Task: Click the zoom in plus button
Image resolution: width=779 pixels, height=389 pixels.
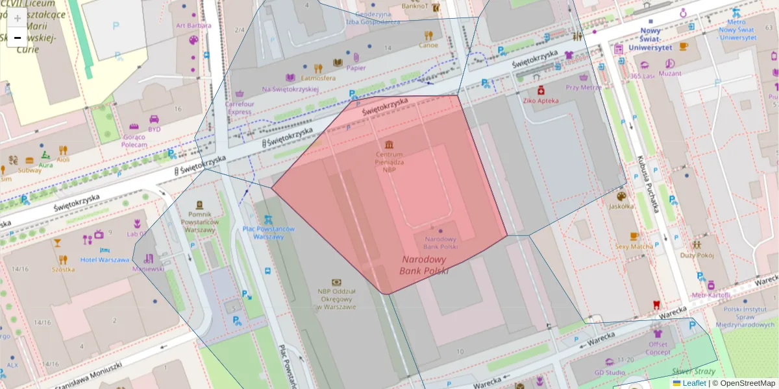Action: (18, 18)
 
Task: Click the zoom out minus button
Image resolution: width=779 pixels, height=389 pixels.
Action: (18, 38)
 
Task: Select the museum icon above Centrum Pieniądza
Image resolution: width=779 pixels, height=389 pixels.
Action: (389, 144)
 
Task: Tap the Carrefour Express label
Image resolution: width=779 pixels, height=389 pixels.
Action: (239, 108)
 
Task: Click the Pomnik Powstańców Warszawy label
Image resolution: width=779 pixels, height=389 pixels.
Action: (199, 222)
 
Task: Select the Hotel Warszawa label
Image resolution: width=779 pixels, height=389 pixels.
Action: (105, 259)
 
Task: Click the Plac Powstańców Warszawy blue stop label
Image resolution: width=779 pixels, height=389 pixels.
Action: (268, 233)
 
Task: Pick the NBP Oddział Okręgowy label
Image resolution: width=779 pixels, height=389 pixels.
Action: (336, 299)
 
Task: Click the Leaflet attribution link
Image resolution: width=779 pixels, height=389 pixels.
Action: (694, 383)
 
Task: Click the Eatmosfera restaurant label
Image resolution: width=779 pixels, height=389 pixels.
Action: (318, 78)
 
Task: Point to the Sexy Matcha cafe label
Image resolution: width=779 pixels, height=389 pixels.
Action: (634, 246)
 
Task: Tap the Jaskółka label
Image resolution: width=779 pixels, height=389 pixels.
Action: (621, 207)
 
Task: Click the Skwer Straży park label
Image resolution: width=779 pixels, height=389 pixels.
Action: (693, 372)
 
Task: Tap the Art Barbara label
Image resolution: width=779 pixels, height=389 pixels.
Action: (193, 25)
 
